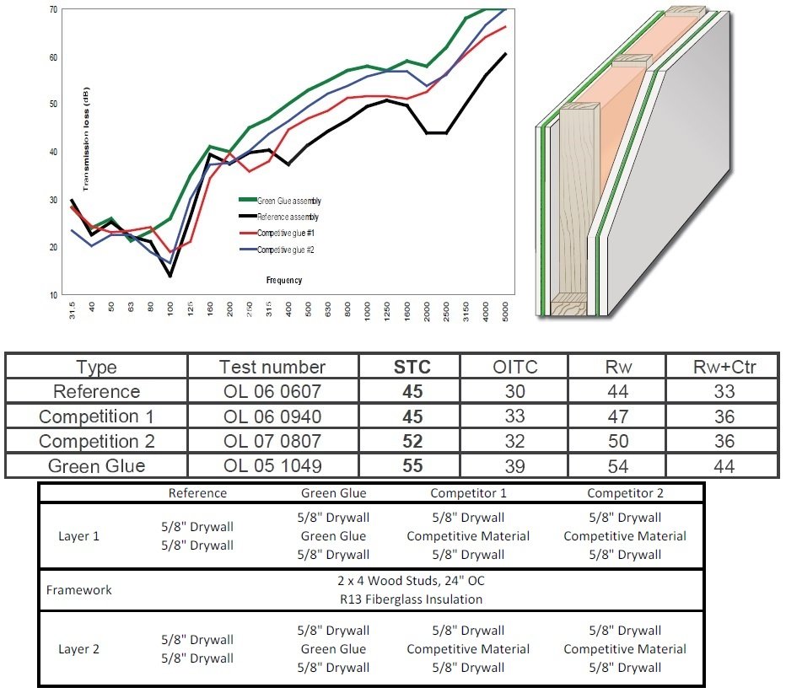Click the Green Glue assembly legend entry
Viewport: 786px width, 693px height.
coord(288,201)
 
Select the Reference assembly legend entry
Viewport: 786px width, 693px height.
coord(288,218)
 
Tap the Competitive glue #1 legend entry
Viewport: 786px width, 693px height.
coord(286,233)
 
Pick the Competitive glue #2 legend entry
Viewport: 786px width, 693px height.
coord(286,250)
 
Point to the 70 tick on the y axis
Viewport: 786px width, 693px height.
coord(53,9)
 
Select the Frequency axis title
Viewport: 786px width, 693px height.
coord(283,280)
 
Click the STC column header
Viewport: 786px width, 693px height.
coord(412,367)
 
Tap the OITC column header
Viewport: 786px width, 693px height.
coord(514,367)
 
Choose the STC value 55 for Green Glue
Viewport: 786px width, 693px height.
coord(412,466)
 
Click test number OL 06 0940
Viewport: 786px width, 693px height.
coord(272,416)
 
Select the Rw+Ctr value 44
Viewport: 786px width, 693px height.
coord(723,466)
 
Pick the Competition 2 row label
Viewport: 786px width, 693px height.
coord(96,442)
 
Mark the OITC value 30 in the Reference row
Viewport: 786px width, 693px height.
coord(514,391)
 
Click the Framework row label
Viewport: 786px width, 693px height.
coord(78,590)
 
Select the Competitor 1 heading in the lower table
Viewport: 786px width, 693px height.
coord(467,493)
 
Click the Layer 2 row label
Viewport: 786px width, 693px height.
coord(78,649)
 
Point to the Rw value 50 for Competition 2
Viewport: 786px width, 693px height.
coord(616,442)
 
